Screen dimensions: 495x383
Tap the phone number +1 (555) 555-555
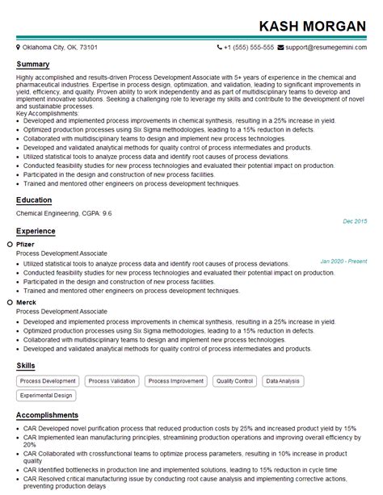click(249, 48)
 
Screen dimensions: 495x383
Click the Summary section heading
click(33, 64)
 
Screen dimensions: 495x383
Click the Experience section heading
click(37, 230)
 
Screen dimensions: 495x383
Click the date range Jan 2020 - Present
click(343, 261)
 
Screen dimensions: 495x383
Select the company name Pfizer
click(25, 244)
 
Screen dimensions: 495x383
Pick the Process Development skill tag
click(48, 380)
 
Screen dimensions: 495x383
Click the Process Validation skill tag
click(112, 380)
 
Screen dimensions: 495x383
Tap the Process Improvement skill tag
click(176, 380)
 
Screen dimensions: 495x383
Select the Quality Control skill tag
click(234, 380)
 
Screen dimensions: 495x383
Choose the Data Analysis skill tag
click(283, 380)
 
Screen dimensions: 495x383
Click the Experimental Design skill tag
click(47, 396)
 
